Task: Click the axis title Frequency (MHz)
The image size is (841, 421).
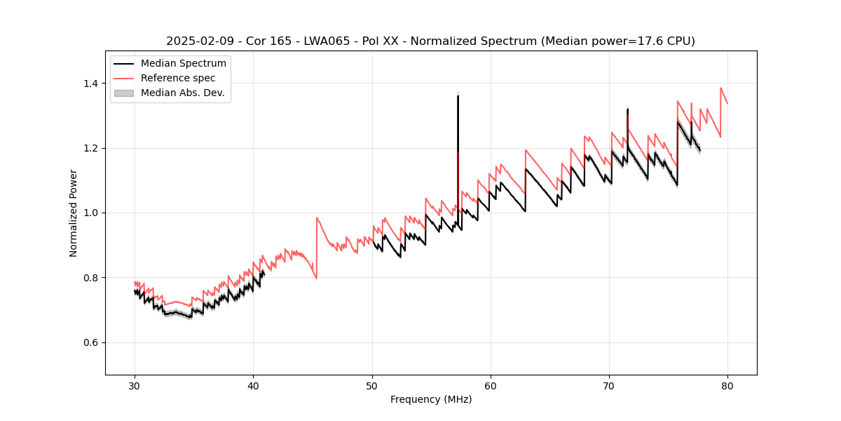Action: click(x=431, y=399)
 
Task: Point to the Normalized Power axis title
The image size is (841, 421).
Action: click(x=74, y=213)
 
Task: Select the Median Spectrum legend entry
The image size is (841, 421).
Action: click(x=183, y=64)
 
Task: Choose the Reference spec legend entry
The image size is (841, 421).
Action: click(x=178, y=78)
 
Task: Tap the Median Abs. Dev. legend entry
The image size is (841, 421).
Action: click(x=182, y=93)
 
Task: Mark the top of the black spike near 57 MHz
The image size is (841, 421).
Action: click(x=458, y=95)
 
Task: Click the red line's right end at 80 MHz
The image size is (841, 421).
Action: click(x=727, y=103)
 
